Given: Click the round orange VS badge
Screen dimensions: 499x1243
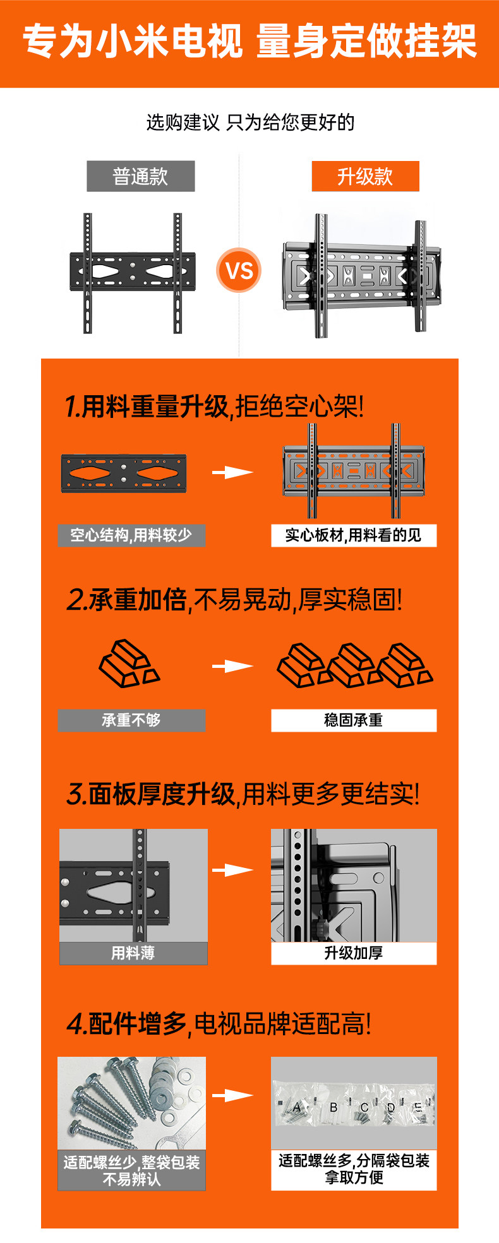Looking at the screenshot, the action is click(x=239, y=270).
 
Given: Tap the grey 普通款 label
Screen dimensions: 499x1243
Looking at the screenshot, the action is click(x=140, y=176).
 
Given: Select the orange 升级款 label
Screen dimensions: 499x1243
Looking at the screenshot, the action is click(x=365, y=176).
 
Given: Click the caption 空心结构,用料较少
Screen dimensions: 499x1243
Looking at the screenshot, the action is click(x=131, y=535).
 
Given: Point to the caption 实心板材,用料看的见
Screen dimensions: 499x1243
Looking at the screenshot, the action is click(x=354, y=535).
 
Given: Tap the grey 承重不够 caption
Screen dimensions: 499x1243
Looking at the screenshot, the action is click(x=131, y=720).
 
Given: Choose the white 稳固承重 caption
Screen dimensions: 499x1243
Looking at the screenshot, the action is click(x=354, y=720).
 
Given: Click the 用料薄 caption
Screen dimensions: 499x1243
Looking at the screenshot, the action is click(x=133, y=953).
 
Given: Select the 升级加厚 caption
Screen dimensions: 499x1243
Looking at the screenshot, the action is click(x=354, y=953).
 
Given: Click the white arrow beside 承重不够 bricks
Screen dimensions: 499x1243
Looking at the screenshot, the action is click(x=232, y=666).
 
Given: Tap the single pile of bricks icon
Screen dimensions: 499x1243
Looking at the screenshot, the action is click(x=129, y=663).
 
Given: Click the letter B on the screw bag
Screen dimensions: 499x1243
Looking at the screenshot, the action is click(x=334, y=1107).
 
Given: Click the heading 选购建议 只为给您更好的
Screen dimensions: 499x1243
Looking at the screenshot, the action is click(x=250, y=122).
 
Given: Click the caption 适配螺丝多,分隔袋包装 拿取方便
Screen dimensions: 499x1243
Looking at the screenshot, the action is click(x=354, y=1169).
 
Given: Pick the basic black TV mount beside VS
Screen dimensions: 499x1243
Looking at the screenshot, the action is click(x=133, y=273).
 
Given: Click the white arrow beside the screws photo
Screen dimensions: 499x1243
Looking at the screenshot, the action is click(x=232, y=1095).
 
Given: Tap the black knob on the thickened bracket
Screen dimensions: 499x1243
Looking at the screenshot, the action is click(x=319, y=927).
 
